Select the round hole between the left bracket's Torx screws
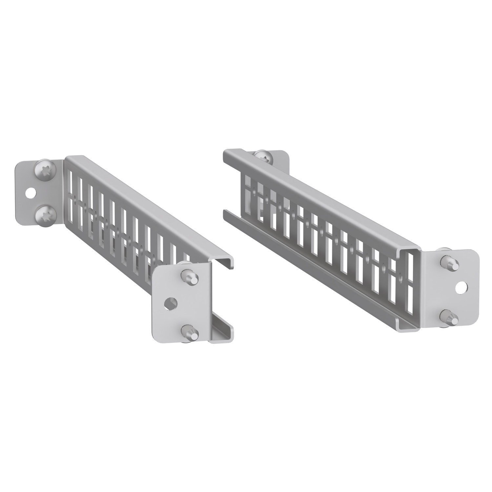(x=32, y=194)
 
